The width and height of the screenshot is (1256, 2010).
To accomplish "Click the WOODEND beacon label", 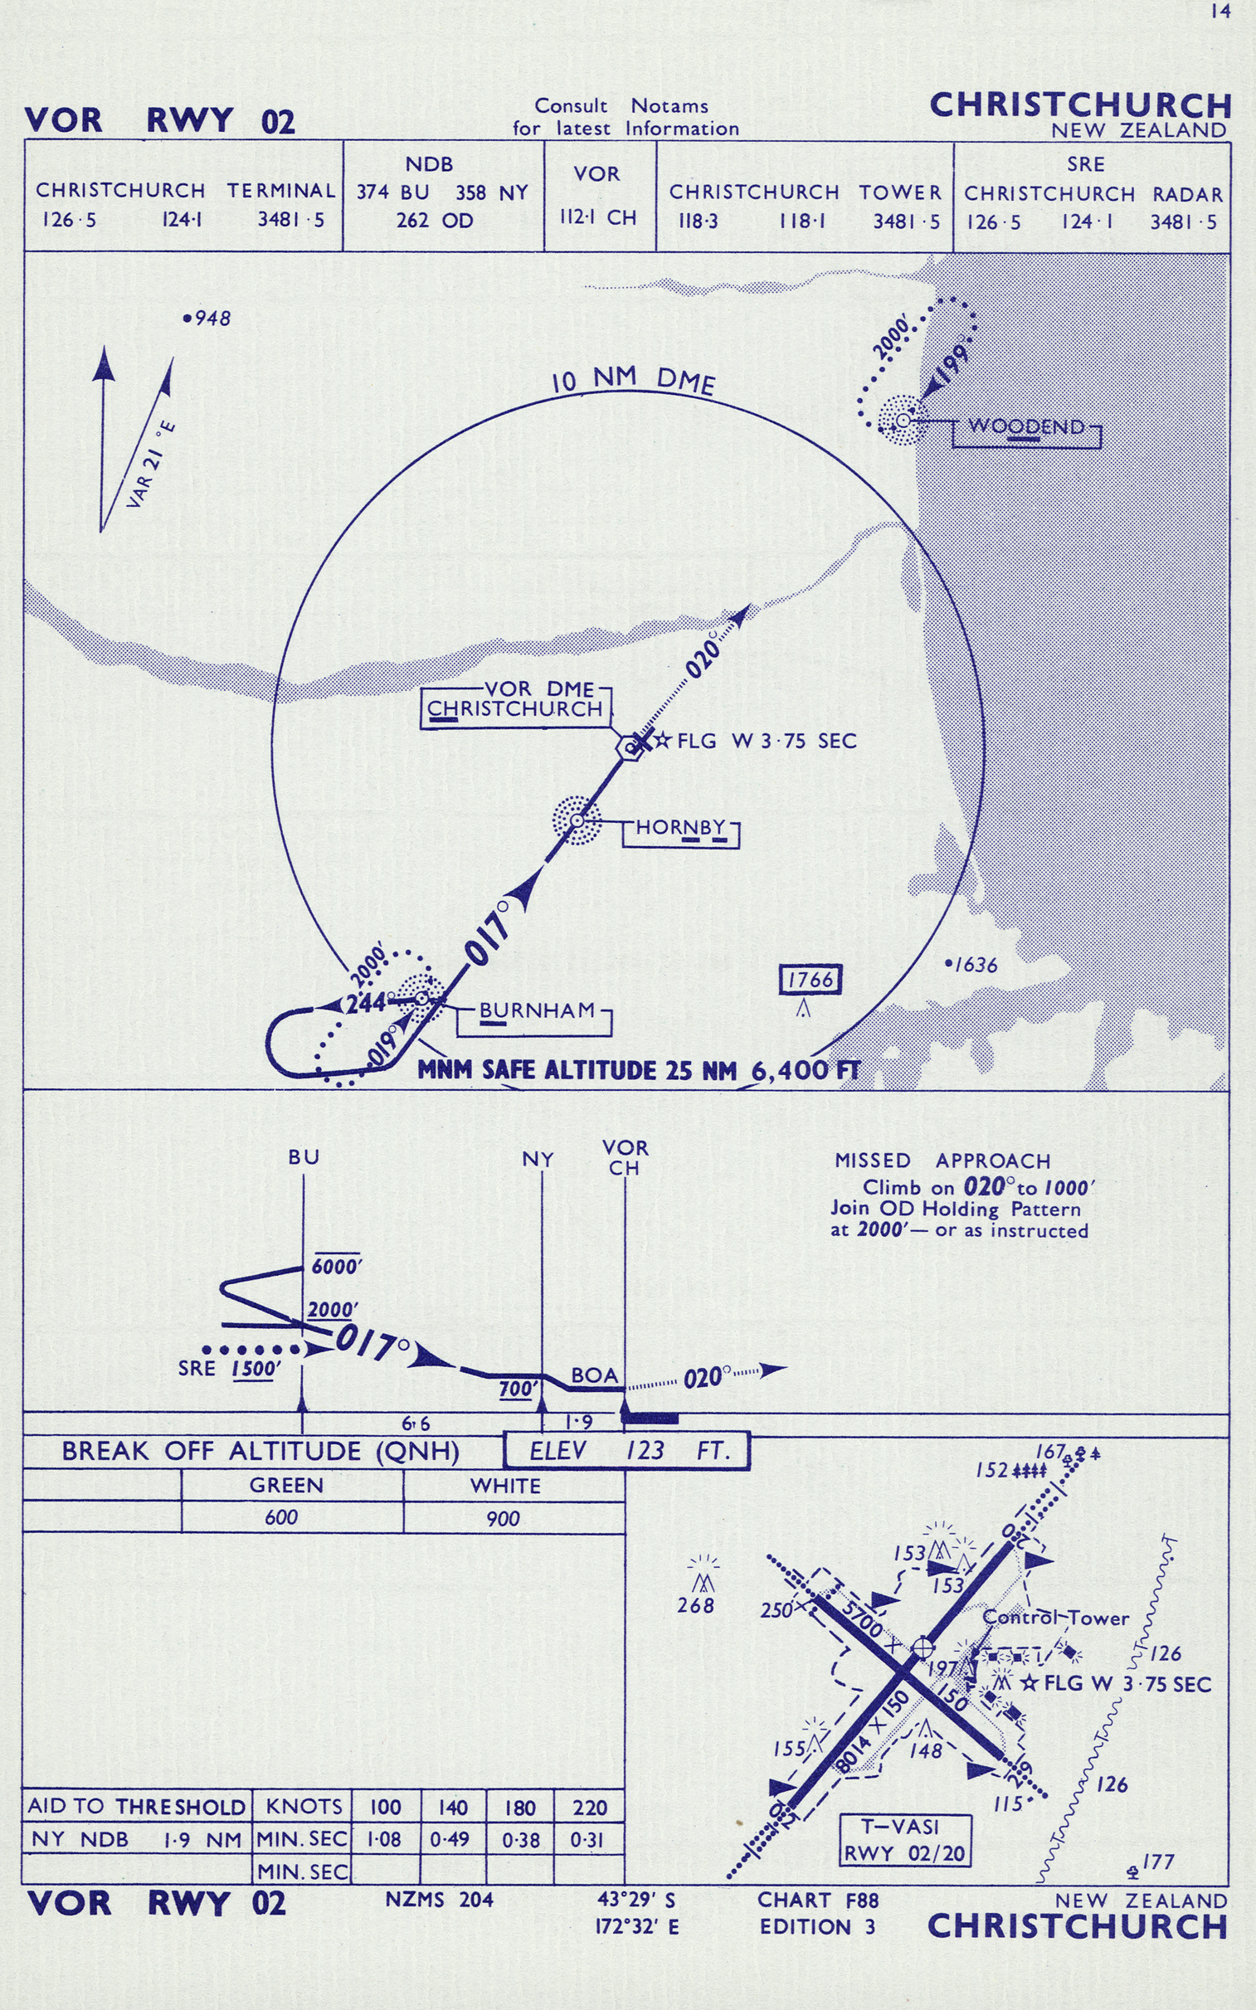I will click(x=1026, y=427).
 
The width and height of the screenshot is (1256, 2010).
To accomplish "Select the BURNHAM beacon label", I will click(x=538, y=1011).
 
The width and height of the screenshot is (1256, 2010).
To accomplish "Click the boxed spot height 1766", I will click(x=810, y=980).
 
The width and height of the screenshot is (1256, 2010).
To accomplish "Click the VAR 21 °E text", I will click(x=151, y=465).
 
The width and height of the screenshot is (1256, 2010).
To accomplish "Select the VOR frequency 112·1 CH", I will click(x=597, y=217).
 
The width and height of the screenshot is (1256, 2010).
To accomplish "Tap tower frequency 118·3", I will click(x=697, y=221).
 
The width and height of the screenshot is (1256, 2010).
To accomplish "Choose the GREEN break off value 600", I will click(x=280, y=1518).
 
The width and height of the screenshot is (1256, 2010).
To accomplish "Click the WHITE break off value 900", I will click(x=503, y=1519).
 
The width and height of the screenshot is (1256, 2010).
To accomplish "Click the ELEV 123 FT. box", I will click(x=627, y=1451).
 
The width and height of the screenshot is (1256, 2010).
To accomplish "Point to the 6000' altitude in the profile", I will click(x=336, y=1267).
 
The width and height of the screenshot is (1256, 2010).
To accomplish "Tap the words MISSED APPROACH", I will click(x=942, y=1161).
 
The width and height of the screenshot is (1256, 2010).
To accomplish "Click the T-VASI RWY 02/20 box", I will click(x=903, y=1840).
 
